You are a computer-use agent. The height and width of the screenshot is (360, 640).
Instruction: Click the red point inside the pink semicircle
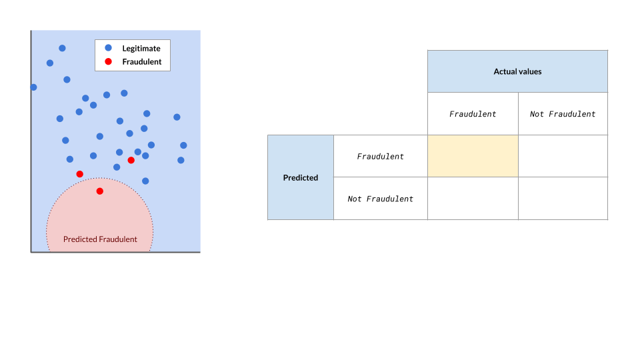[99, 191]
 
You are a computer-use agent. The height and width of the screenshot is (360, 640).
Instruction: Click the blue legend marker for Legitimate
[108, 48]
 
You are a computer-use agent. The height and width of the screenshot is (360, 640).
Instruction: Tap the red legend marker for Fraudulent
[108, 61]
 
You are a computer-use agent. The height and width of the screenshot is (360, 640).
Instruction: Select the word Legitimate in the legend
[141, 49]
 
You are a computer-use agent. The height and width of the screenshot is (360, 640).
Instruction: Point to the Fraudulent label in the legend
[141, 61]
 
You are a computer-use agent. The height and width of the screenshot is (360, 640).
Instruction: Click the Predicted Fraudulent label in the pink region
[100, 239]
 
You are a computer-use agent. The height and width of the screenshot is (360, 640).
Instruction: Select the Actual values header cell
[517, 71]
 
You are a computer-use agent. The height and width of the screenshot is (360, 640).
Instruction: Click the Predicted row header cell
[301, 177]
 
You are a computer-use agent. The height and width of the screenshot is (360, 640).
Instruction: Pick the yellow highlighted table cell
[473, 156]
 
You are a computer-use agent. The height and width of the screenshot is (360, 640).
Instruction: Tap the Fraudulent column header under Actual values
[473, 114]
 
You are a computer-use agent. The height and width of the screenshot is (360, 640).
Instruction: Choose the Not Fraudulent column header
[563, 114]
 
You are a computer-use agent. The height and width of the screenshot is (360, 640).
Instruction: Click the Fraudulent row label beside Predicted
[381, 156]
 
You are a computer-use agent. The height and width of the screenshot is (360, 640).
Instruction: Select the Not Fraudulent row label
[381, 199]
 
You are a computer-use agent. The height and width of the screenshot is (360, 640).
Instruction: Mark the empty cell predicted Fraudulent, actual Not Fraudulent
[563, 156]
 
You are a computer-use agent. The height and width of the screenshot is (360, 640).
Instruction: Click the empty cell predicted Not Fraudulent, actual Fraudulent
[473, 199]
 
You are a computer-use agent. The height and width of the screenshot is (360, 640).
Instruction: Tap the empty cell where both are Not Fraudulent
[563, 199]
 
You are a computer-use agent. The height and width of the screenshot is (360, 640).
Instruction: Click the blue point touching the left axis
[33, 87]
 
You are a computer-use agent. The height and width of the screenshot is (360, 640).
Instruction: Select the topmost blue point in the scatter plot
[62, 48]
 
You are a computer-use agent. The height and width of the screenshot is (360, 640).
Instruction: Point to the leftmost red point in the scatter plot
[79, 174]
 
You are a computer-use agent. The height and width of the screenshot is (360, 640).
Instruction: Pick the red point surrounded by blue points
[131, 160]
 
